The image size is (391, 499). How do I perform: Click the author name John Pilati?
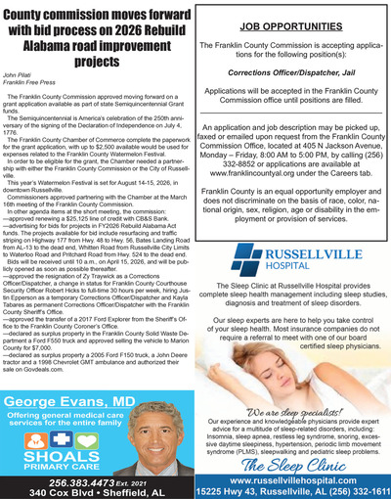tap(22, 73)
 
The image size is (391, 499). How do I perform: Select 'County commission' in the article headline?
tap(57, 14)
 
